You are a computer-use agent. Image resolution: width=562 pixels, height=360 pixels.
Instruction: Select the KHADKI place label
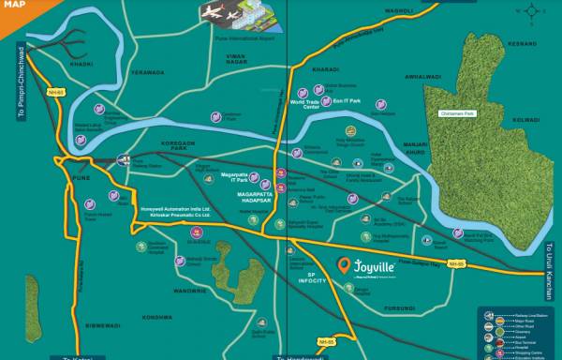tap(82, 65)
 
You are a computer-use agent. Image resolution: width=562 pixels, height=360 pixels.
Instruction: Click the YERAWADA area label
tap(147, 71)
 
